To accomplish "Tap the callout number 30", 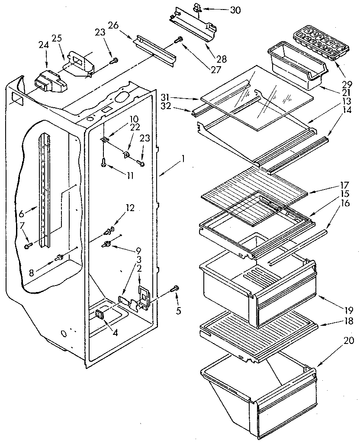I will click(x=235, y=10).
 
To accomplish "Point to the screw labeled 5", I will click(x=175, y=288).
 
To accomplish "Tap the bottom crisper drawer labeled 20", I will click(x=260, y=394).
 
